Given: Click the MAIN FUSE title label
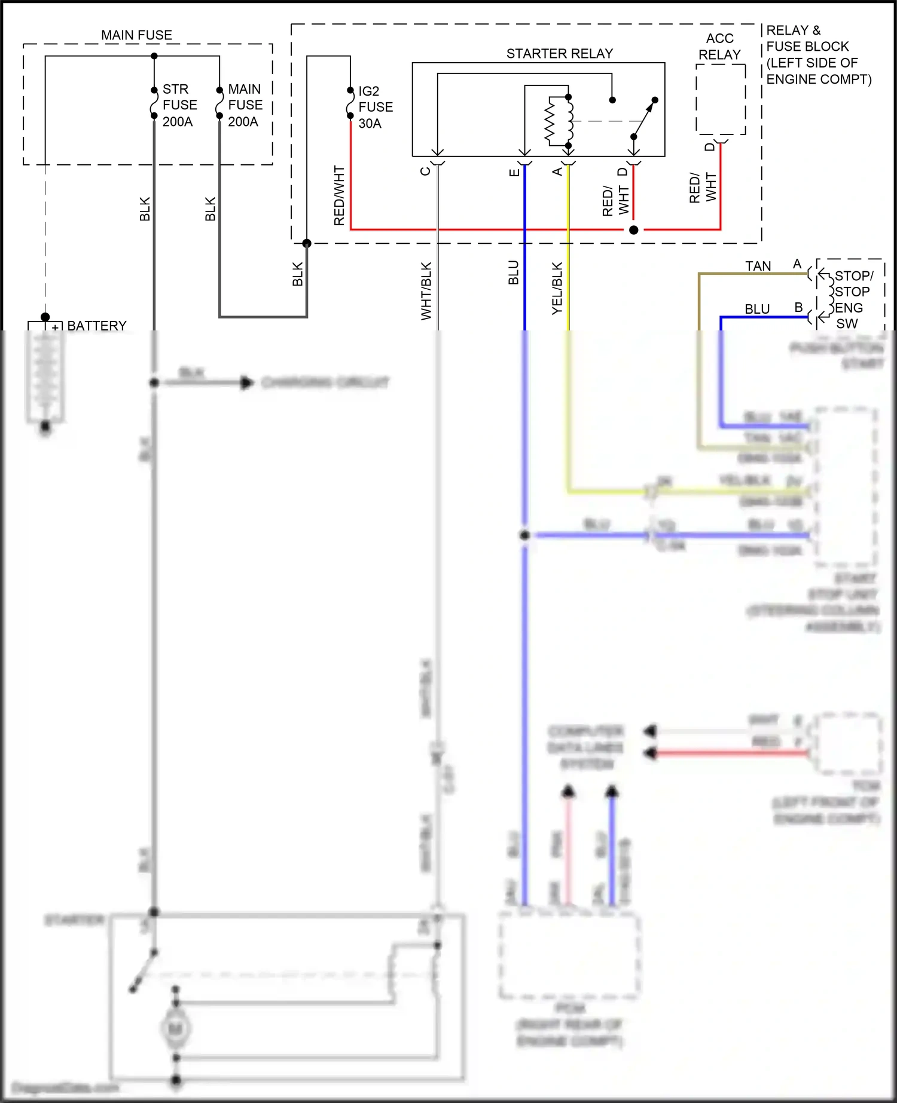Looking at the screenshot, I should (x=136, y=35).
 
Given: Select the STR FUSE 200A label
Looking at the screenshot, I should (x=179, y=105).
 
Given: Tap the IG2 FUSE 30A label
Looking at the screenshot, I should (x=375, y=107).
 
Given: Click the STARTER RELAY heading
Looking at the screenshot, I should (x=559, y=54).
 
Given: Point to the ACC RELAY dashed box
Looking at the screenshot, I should (x=720, y=99).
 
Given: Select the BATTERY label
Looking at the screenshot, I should (x=97, y=326).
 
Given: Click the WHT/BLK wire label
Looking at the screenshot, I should (x=426, y=291).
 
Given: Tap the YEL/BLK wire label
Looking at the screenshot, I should (x=557, y=288).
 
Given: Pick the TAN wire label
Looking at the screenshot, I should (x=758, y=266).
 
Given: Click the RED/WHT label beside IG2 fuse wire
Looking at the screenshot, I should (x=339, y=196).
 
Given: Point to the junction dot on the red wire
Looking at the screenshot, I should (x=633, y=229).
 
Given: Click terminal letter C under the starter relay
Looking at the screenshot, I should (x=425, y=171).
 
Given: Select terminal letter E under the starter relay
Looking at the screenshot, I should (x=514, y=173).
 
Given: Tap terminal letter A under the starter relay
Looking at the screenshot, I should (x=557, y=172).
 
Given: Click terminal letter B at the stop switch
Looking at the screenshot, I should (x=798, y=308).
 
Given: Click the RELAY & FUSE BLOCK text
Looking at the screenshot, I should (x=818, y=54).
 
